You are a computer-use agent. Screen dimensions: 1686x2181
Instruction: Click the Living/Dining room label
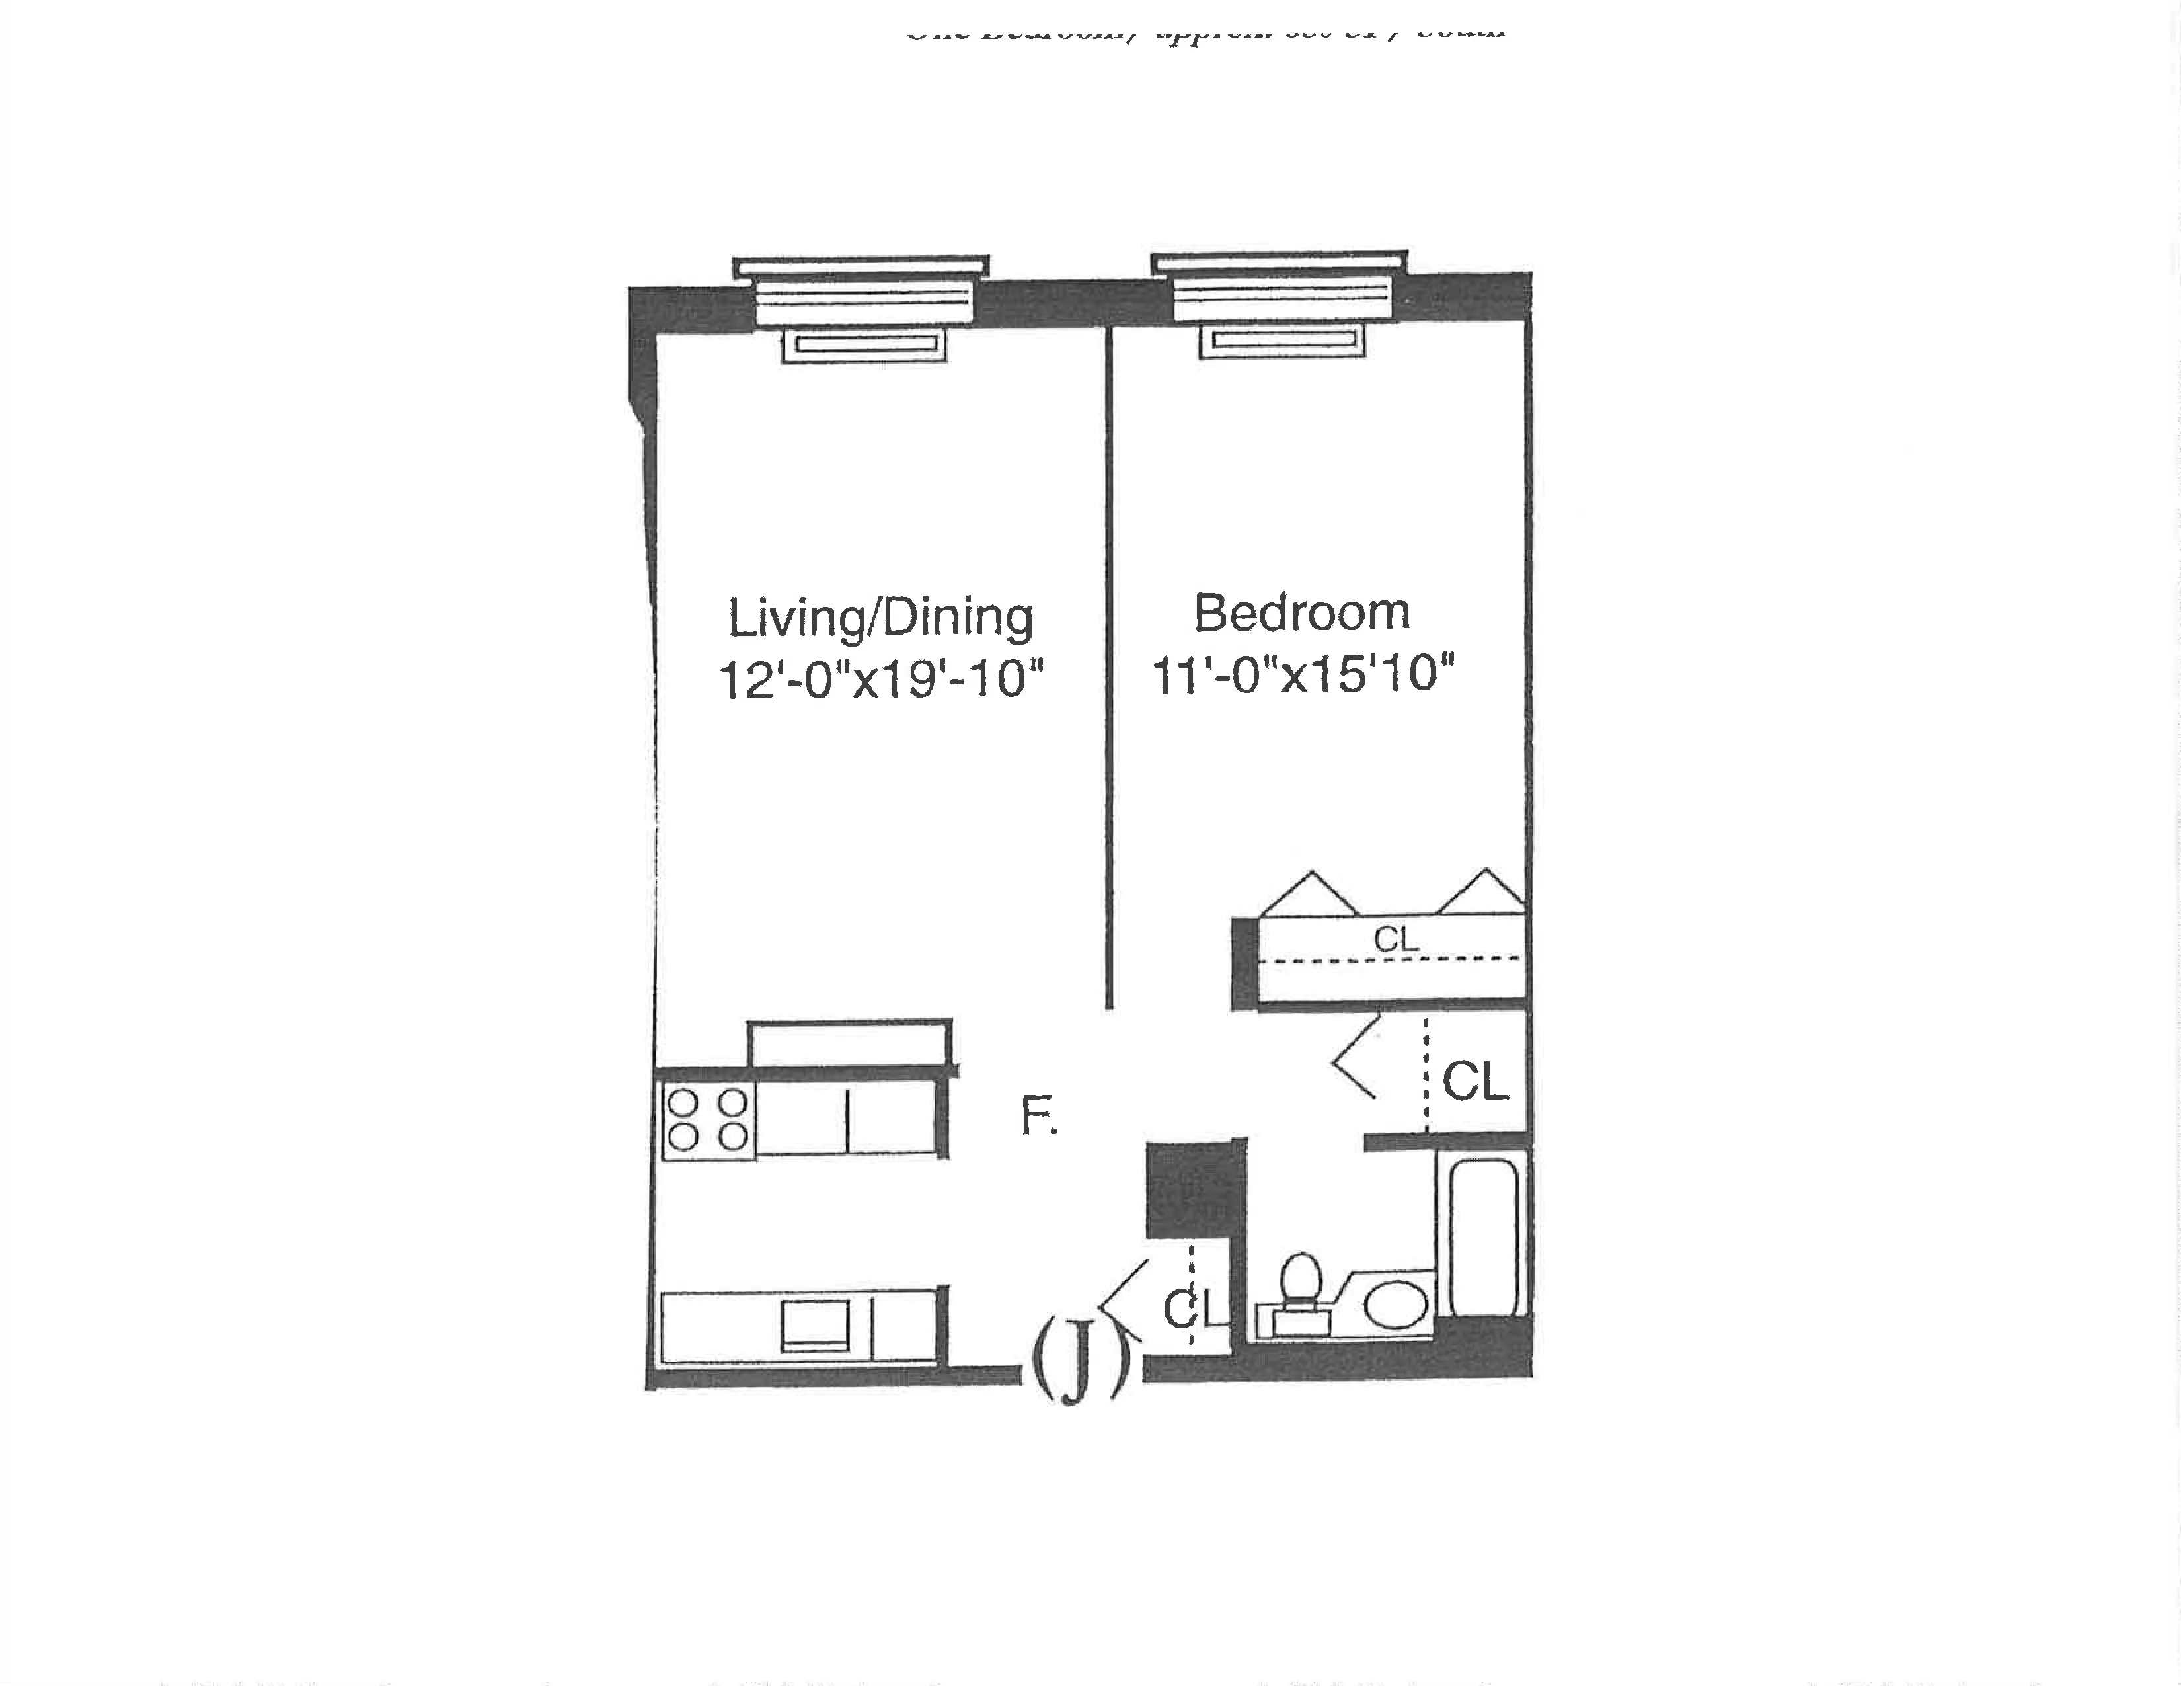point(880,618)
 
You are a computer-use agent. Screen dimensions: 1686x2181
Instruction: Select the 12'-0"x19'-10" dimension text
point(880,679)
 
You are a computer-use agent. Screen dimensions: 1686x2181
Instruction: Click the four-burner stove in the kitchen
point(707,1119)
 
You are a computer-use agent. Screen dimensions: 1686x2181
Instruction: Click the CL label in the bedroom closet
point(1395,939)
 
